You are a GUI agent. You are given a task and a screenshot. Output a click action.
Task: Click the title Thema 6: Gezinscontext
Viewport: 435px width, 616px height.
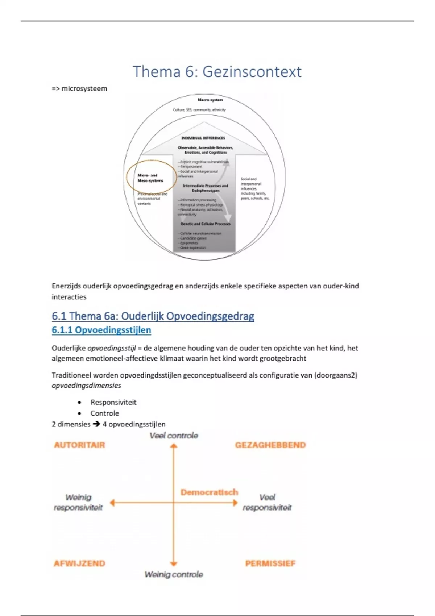tap(217, 72)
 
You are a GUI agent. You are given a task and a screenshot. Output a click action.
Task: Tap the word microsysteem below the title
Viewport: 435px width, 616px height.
tap(84, 89)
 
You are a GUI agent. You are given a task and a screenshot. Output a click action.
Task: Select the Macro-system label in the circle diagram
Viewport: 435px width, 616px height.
tap(210, 100)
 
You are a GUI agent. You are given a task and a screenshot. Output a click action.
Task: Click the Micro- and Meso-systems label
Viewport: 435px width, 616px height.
tap(150, 178)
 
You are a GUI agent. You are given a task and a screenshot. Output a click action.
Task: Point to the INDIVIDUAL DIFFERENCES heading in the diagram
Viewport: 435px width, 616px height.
tap(203, 138)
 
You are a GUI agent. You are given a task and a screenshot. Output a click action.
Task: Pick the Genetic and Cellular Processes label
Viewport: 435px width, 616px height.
tap(206, 224)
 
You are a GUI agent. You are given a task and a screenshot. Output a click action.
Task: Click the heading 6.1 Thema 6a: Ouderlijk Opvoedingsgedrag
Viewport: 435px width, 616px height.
tap(153, 316)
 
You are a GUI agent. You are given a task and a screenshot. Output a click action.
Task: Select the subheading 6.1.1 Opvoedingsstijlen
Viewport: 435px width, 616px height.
tap(101, 330)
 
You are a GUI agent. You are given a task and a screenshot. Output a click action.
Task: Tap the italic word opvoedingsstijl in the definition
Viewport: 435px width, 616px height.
tap(111, 348)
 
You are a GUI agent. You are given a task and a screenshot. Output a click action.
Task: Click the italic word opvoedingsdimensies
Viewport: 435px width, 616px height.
tap(86, 386)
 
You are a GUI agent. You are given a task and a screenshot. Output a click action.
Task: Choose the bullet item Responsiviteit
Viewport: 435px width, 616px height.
tap(113, 402)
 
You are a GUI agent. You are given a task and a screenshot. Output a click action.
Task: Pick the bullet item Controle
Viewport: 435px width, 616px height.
tap(105, 413)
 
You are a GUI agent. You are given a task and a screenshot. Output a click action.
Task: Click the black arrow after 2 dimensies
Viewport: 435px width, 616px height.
tap(96, 424)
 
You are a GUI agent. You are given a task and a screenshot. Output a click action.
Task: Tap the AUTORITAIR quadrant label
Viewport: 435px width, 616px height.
tap(79, 445)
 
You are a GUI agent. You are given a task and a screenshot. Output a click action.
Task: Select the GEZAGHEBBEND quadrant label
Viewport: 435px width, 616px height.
tap(270, 445)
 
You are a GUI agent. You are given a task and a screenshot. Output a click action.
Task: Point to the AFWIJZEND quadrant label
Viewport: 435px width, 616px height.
tap(79, 563)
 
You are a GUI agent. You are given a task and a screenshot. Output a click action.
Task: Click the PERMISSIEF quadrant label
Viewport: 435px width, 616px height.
tap(270, 563)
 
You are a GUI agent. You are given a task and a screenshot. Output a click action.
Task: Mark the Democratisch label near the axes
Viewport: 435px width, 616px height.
tap(210, 492)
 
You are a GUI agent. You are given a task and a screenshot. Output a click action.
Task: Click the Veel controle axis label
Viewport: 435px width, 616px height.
tap(174, 436)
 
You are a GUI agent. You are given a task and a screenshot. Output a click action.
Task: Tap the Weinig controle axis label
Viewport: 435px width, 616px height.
tap(174, 574)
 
